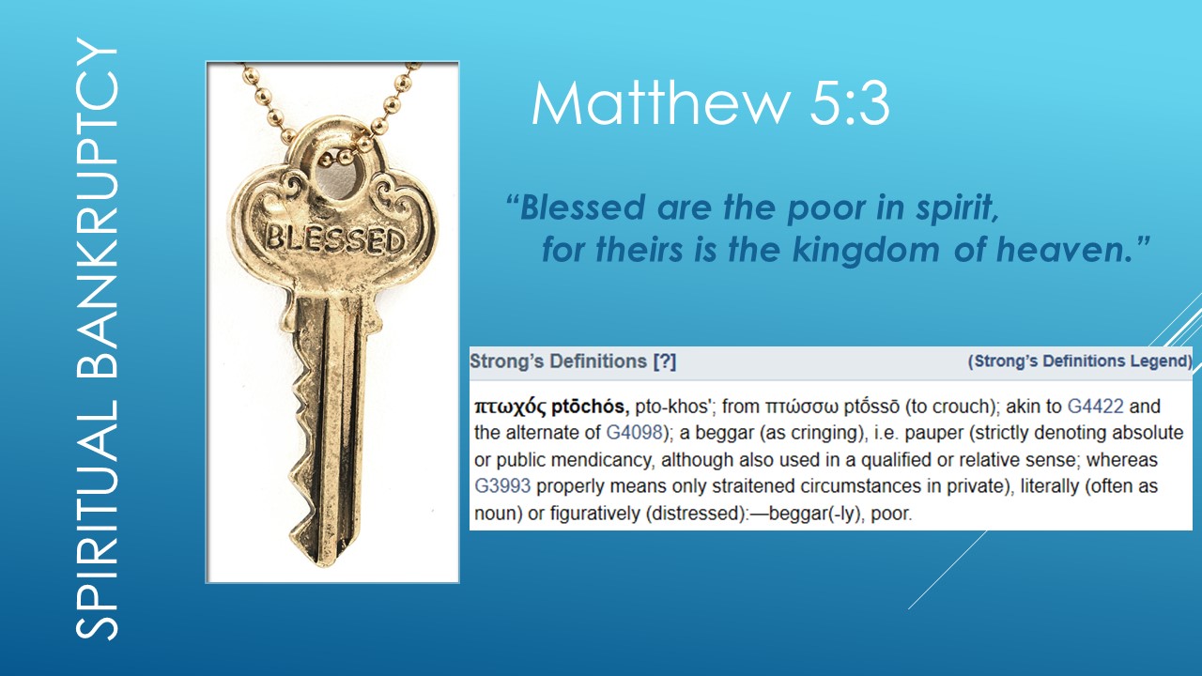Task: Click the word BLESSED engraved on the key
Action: tap(334, 238)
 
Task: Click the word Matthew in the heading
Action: tap(648, 105)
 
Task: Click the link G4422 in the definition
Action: tap(1095, 407)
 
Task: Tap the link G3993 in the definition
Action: tap(502, 487)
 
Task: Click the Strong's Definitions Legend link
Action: tap(1080, 361)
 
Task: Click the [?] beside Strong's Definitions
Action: tap(664, 361)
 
